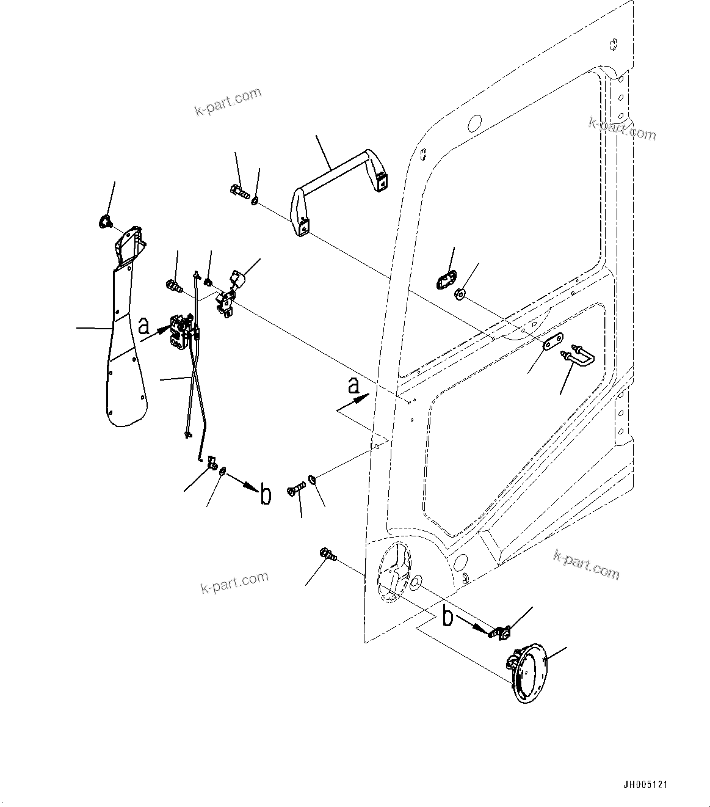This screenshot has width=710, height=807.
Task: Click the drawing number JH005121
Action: [645, 784]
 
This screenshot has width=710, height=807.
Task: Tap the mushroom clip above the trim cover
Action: [104, 222]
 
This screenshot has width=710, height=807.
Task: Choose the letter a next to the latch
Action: [143, 326]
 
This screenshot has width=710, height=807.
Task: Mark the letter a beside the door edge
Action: [353, 385]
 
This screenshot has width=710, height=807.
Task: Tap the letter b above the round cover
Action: [447, 617]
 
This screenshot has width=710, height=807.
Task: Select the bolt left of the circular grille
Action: [327, 555]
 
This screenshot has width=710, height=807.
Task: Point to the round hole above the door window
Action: [474, 123]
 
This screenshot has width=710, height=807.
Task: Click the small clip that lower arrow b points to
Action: [501, 634]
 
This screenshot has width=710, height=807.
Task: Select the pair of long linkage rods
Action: [195, 385]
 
